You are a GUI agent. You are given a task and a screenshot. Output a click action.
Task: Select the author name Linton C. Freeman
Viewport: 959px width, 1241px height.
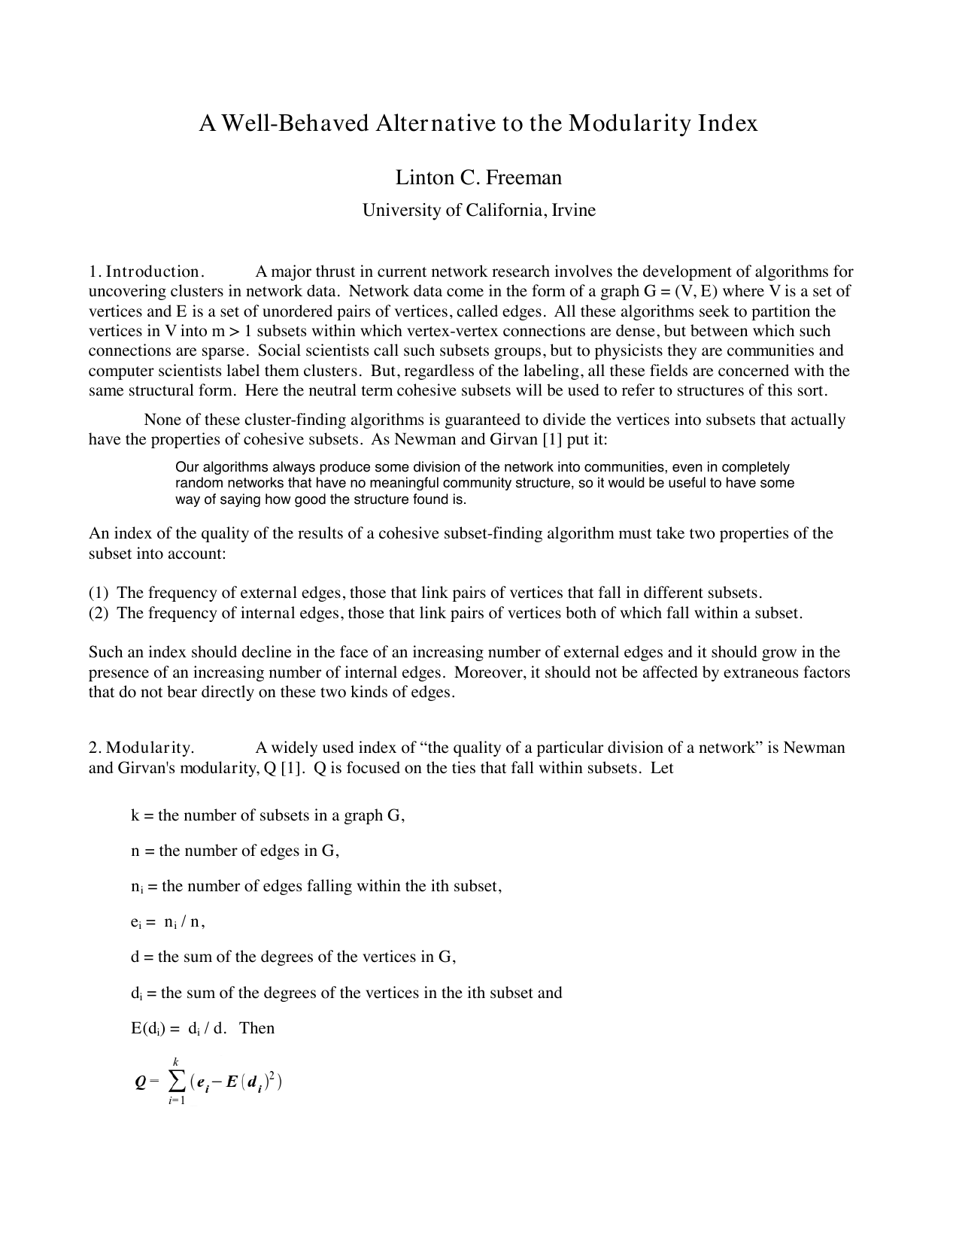[x=478, y=178]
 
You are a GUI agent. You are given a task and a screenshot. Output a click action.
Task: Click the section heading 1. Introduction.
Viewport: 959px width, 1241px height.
[x=147, y=272]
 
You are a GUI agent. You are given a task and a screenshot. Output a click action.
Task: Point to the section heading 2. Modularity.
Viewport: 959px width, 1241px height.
[x=142, y=748]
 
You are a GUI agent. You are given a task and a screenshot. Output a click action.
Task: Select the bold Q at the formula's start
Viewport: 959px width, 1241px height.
[x=140, y=1082]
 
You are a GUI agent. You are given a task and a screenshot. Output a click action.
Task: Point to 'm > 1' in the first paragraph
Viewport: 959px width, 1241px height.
[x=233, y=331]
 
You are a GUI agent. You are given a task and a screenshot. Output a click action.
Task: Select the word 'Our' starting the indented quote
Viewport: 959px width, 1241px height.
[x=187, y=467]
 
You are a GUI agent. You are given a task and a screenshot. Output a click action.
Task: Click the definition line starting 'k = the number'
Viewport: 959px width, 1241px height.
[x=268, y=815]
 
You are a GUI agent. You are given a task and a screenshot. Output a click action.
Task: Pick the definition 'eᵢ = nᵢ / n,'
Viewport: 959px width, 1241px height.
[x=168, y=921]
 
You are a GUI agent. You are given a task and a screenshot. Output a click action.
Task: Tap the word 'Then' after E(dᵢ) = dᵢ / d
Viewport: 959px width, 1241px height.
[x=256, y=1028]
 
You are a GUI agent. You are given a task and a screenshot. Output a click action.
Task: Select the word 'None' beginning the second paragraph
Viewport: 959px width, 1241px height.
[x=161, y=420]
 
